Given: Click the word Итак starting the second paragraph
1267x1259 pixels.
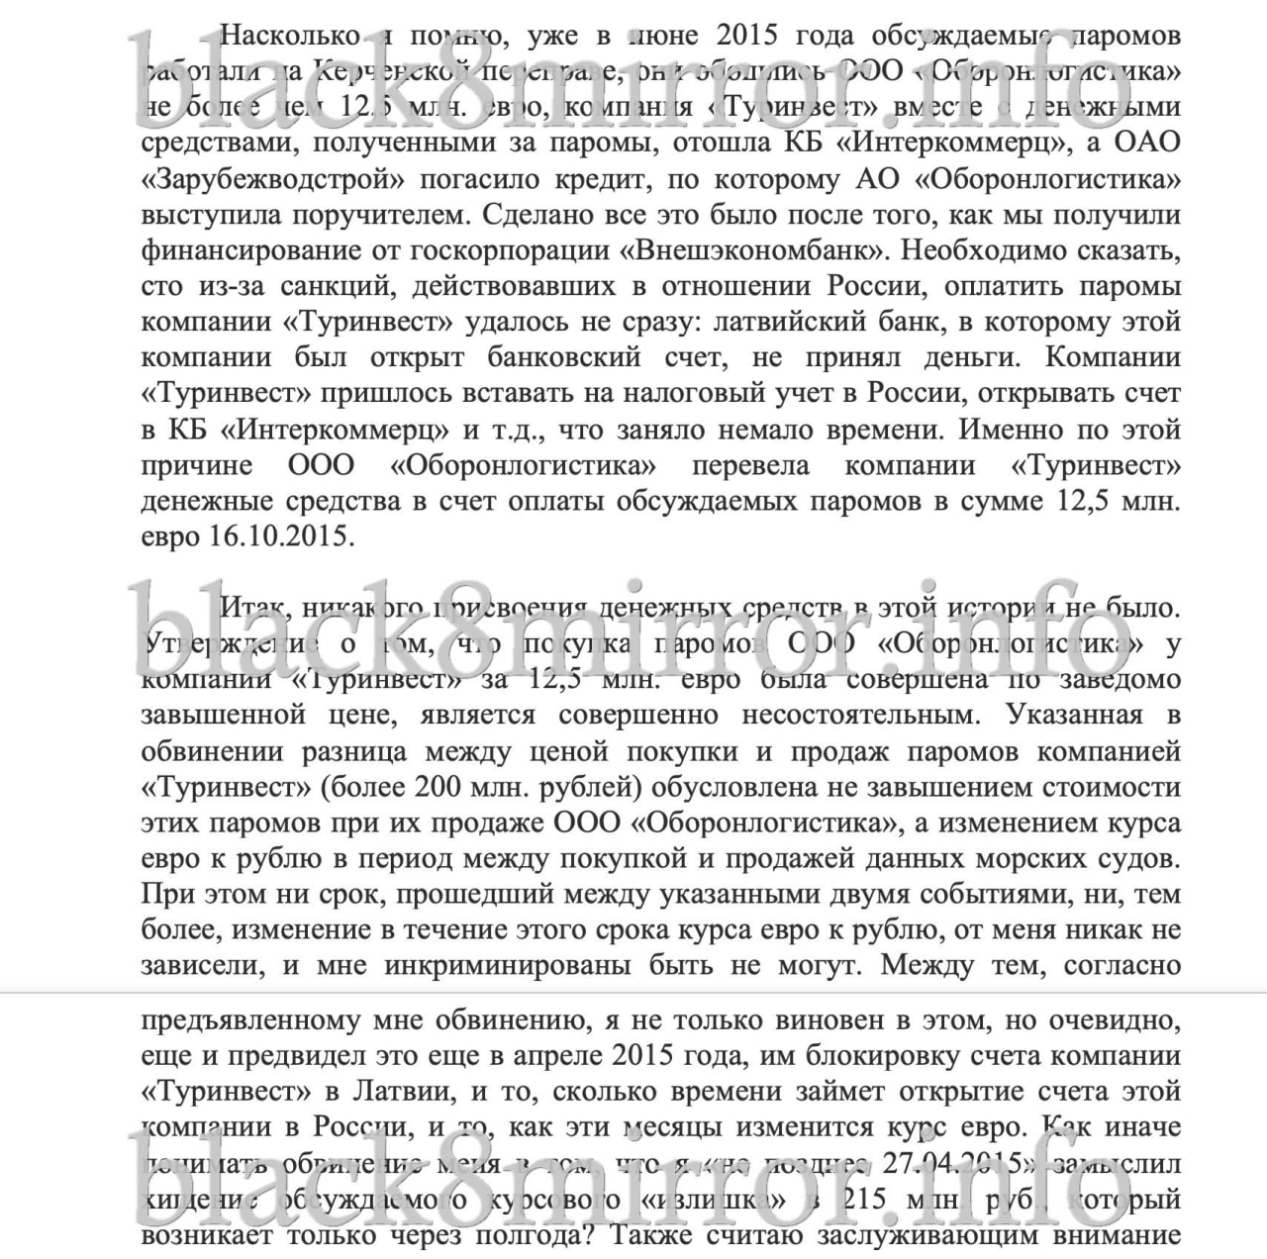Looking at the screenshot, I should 252,607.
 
